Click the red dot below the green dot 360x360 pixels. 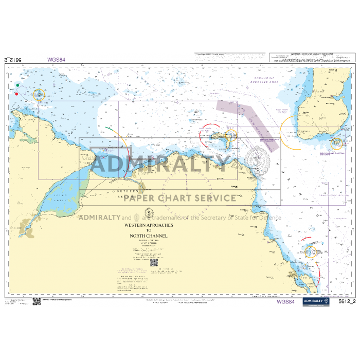16,94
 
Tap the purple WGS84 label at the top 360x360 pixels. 56,59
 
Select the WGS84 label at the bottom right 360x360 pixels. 285,302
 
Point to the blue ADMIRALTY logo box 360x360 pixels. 316,301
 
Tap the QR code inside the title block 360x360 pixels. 154,261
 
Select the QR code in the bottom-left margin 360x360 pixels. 37,302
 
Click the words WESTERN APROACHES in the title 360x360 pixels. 149,225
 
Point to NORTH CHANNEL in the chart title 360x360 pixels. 149,236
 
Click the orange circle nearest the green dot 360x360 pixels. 39,94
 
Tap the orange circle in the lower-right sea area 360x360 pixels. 310,252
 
